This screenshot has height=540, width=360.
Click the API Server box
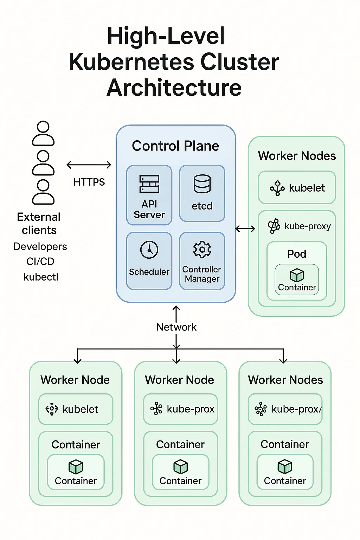[149, 195]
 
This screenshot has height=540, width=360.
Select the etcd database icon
[202, 184]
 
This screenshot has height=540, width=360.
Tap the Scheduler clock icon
[149, 250]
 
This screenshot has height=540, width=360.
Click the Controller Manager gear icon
[202, 250]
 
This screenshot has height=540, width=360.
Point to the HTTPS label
[89, 182]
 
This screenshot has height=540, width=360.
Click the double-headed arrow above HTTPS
[89, 165]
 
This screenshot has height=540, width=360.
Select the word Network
[176, 327]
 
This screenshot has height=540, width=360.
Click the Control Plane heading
[175, 146]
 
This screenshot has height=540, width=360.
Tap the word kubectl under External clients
[41, 277]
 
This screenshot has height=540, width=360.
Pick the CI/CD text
[40, 262]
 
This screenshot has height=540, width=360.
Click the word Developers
[40, 246]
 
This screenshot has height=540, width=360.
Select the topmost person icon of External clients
[43, 134]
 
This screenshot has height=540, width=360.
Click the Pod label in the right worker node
[297, 254]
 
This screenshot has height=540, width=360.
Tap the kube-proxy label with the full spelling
[307, 226]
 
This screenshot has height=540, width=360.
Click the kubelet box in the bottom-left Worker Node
[76, 409]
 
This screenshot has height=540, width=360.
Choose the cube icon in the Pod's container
[297, 275]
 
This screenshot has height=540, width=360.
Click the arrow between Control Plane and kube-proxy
[245, 229]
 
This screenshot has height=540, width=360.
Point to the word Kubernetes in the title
[132, 62]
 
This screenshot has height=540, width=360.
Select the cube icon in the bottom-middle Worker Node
[181, 467]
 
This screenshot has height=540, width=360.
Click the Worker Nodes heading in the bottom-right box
[285, 380]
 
